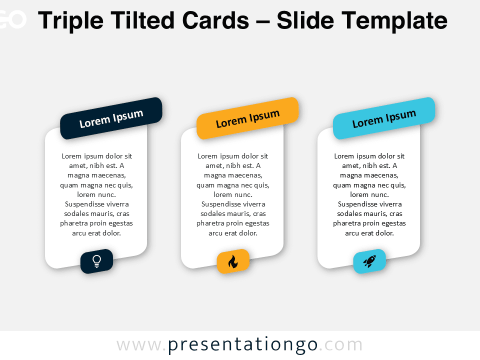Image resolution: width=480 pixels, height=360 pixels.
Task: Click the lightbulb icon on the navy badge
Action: point(96,261)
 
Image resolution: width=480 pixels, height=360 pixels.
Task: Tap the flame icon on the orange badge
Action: point(233,261)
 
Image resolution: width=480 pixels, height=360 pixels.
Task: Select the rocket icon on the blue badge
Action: point(369,261)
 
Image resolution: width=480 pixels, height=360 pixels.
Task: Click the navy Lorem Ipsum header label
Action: point(111,118)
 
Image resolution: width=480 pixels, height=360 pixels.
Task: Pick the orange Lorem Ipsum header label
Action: point(247,118)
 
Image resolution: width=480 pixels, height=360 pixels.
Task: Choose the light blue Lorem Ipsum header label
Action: point(384,118)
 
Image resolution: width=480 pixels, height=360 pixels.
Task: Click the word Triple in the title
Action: point(70,21)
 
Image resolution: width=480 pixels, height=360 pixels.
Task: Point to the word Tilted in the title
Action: point(142,20)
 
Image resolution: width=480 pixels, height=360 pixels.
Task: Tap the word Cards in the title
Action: point(215,20)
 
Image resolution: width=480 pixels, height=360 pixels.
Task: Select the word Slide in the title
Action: point(305,20)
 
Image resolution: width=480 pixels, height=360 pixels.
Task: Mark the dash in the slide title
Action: point(262,22)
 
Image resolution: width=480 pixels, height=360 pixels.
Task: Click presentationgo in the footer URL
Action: point(242,344)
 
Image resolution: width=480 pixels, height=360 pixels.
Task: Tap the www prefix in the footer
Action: point(139,345)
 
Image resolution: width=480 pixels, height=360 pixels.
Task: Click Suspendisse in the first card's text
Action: point(84,204)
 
